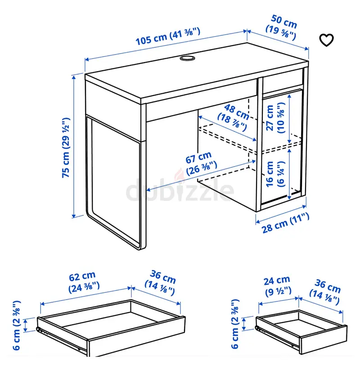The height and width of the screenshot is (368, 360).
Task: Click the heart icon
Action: pyautogui.click(x=326, y=40)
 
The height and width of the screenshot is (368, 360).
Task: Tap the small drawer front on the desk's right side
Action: pyautogui.click(x=283, y=82)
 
